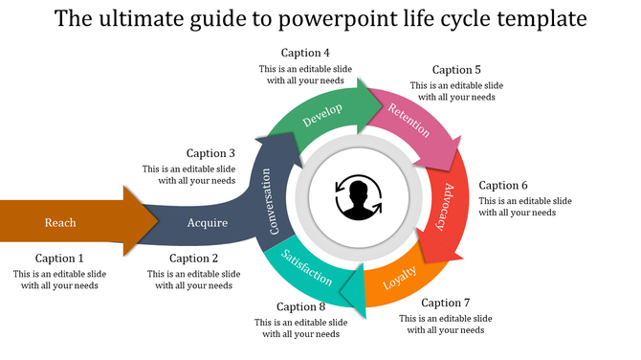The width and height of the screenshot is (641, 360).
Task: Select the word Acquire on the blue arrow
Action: (x=208, y=223)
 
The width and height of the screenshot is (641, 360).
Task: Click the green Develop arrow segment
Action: (x=323, y=116)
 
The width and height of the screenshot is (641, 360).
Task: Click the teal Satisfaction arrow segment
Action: (x=309, y=269)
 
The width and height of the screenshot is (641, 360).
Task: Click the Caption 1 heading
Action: (x=59, y=259)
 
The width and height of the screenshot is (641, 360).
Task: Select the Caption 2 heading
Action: (x=194, y=259)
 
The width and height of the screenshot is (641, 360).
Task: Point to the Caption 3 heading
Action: (x=210, y=153)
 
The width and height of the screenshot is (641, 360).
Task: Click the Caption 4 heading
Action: (x=305, y=53)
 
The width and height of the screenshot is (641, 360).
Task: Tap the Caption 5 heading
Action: (x=456, y=70)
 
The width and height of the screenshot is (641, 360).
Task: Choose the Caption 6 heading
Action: (x=503, y=186)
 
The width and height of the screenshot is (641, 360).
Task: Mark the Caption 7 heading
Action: (x=445, y=303)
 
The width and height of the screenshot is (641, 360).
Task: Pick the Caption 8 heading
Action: (x=301, y=307)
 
